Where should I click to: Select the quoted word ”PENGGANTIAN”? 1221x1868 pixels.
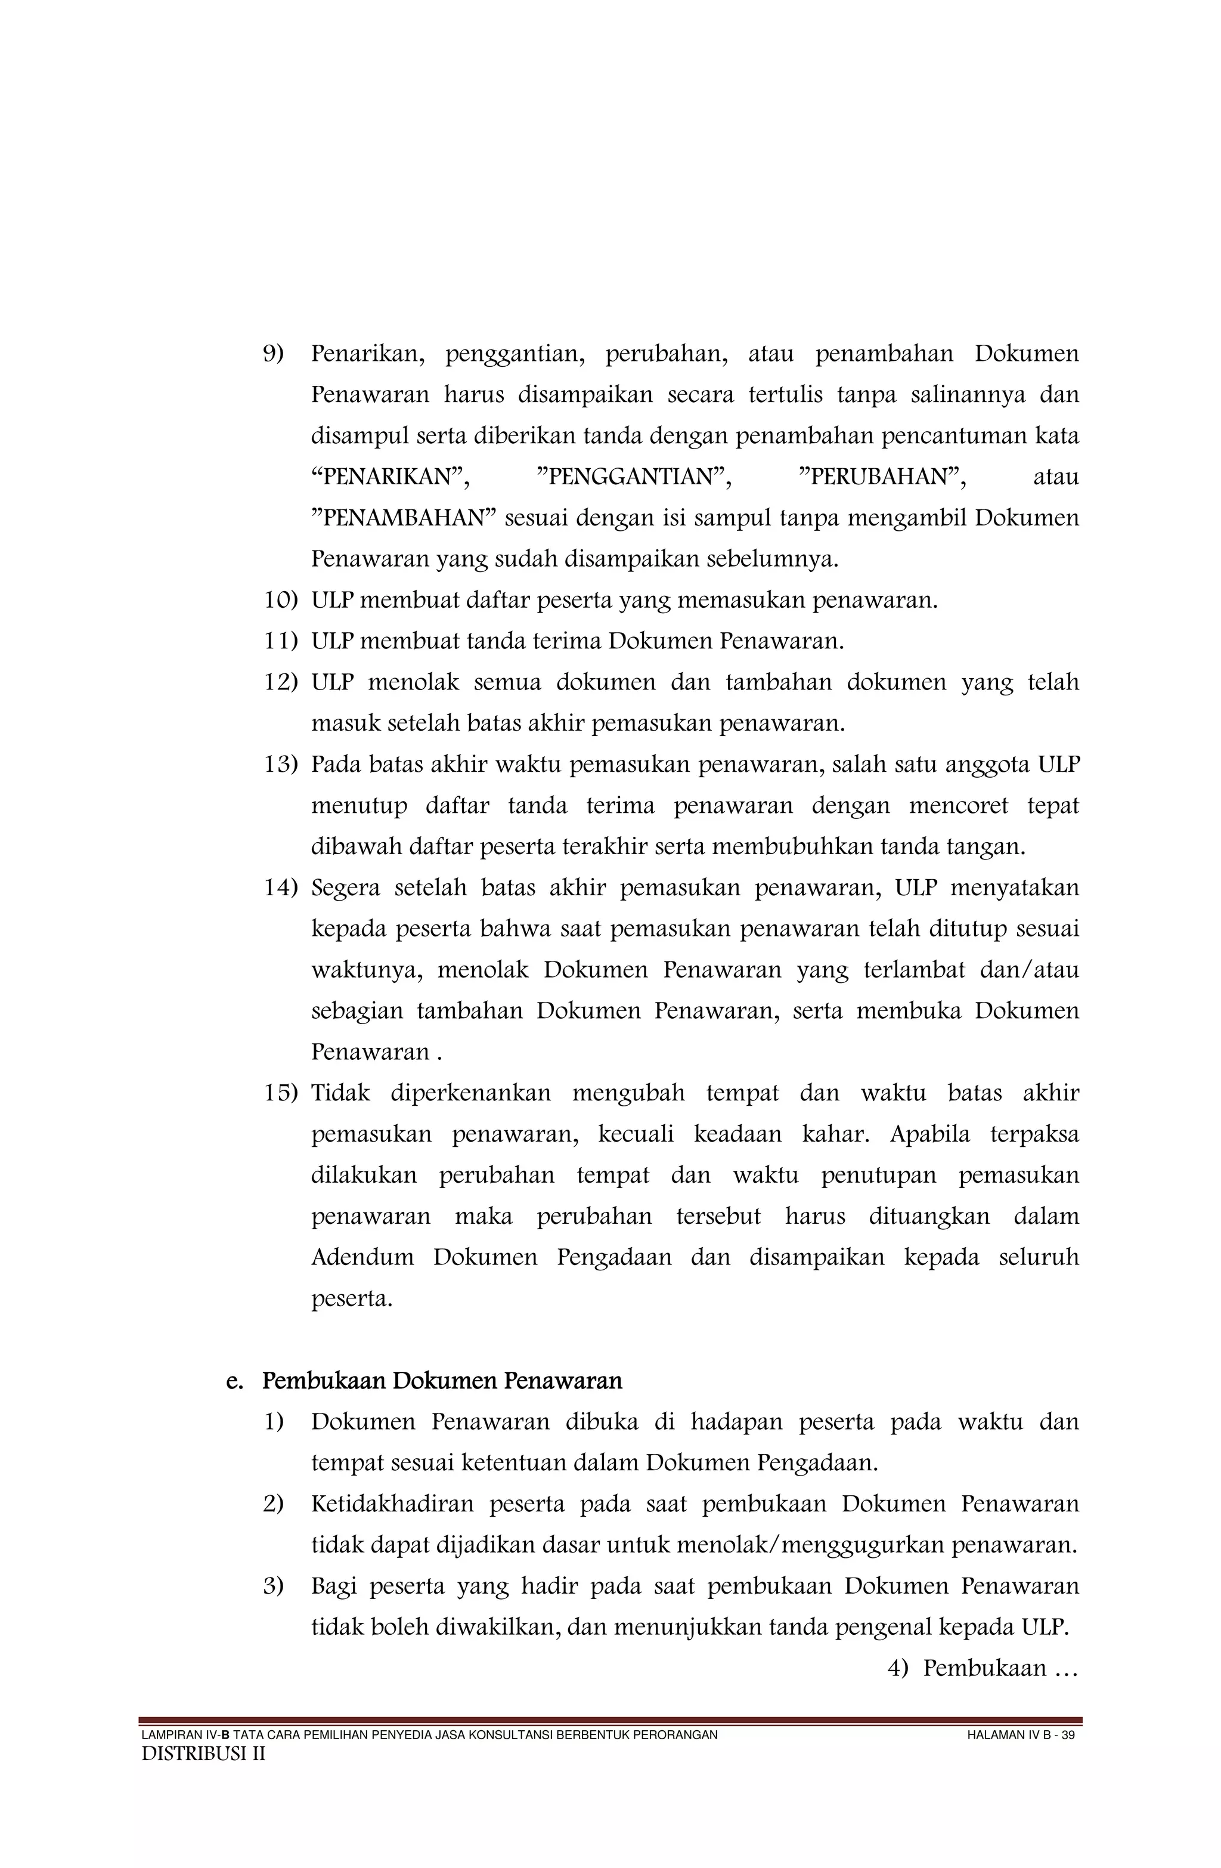(x=633, y=477)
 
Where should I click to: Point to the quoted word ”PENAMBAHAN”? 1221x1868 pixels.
(x=404, y=519)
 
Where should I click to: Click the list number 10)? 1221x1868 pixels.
(x=280, y=601)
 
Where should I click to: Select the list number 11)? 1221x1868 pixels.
(x=280, y=641)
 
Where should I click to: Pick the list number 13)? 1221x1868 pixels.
(x=280, y=765)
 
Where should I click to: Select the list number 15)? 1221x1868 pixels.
(x=280, y=1093)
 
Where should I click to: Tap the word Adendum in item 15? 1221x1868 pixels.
(x=362, y=1257)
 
